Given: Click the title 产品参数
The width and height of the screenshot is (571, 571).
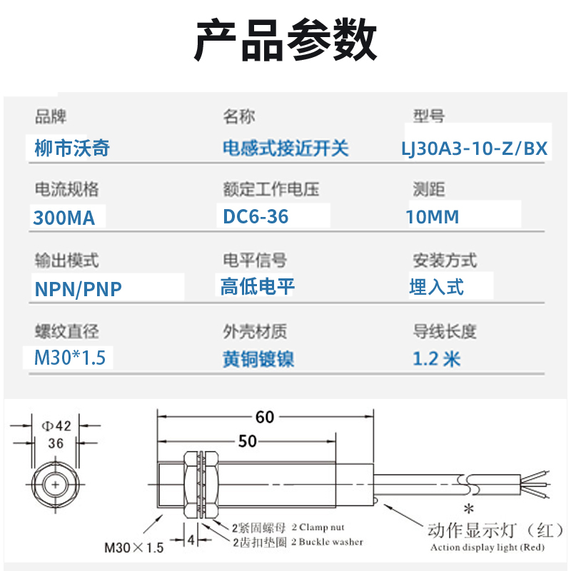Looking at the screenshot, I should tap(285, 41).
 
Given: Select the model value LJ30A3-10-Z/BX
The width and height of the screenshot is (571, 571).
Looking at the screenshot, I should tap(474, 148).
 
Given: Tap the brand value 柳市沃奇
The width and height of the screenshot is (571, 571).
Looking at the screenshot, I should tap(72, 148).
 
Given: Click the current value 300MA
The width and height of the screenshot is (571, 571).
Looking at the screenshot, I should tap(64, 218).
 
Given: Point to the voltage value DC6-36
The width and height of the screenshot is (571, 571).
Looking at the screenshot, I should tap(256, 216).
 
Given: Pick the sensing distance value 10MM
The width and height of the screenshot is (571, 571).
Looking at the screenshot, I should tap(433, 217).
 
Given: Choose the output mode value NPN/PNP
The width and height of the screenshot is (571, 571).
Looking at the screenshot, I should tap(79, 288).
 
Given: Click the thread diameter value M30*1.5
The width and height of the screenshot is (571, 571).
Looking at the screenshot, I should tap(70, 357).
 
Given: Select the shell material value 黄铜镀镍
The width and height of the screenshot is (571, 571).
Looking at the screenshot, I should tap(258, 358).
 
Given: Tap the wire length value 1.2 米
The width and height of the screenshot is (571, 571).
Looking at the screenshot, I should tap(437, 358).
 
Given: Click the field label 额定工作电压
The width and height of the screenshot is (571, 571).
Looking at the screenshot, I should tap(271, 189).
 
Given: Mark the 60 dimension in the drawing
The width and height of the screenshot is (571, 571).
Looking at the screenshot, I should tap(265, 417).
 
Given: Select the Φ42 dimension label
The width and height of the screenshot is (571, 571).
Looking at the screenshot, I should tap(56, 427).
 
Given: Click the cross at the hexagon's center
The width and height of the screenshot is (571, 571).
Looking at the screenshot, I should tap(56, 485).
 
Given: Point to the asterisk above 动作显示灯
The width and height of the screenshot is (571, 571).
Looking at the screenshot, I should tap(469, 510).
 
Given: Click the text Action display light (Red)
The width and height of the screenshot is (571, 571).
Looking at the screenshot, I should tap(487, 548).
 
